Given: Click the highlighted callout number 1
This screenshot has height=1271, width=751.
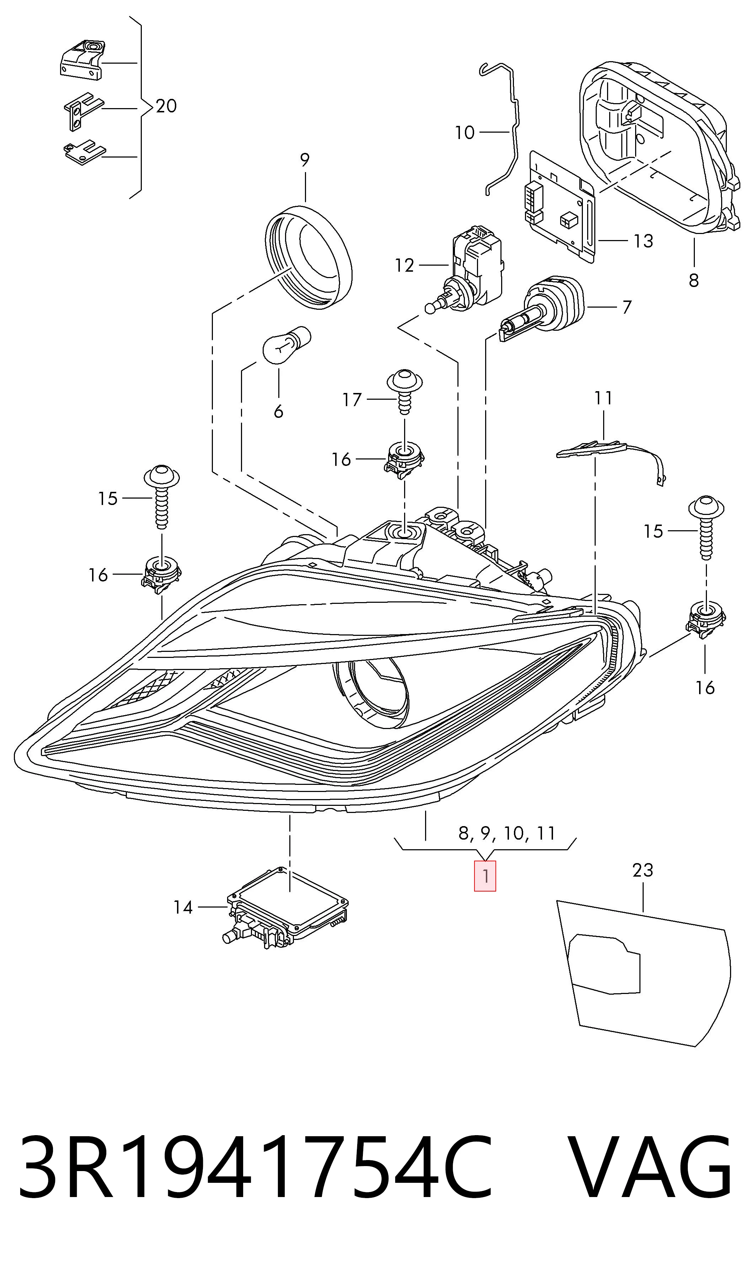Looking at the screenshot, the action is point(485,876).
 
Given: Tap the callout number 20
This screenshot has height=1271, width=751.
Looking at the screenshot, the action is point(166,106).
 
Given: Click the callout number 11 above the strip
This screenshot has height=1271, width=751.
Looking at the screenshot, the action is point(603,398).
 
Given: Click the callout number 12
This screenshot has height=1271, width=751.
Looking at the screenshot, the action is point(404,265).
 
